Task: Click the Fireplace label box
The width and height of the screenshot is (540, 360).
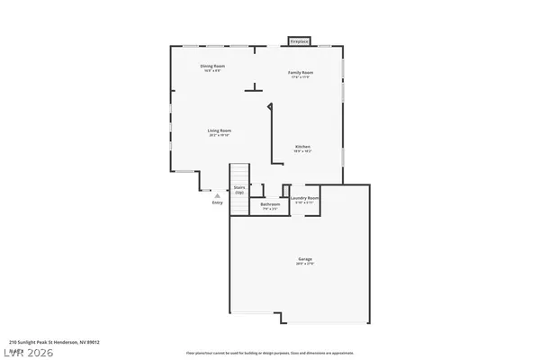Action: pos(298,40)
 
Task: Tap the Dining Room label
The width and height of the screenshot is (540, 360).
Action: pos(212,66)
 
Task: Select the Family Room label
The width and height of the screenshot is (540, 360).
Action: pos(300,72)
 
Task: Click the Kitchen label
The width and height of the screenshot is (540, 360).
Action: pos(303,147)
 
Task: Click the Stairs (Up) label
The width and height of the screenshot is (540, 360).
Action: pos(239,190)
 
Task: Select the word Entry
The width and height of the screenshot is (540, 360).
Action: pos(217,202)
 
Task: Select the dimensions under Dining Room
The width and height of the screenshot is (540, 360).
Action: pos(212,71)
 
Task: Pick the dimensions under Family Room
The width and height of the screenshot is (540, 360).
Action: pos(300,77)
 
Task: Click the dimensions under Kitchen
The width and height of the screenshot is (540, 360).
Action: pos(303,152)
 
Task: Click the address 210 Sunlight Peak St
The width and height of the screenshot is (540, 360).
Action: pos(54,342)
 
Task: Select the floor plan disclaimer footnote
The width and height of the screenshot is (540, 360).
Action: pos(270,354)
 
